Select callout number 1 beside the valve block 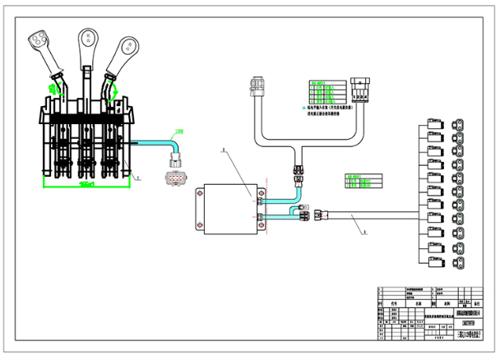coord(140,178)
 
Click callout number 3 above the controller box coord(224,151)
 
